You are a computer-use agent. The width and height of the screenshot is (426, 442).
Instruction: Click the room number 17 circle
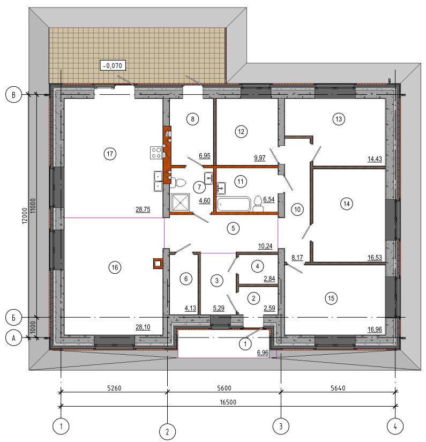pyautogui.click(x=110, y=154)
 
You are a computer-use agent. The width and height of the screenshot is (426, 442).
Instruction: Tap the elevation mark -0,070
pyautogui.click(x=113, y=65)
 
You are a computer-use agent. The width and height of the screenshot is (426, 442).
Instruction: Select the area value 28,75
pyautogui.click(x=143, y=209)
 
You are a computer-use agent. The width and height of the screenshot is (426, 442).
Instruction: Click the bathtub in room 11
pyautogui.click(x=234, y=204)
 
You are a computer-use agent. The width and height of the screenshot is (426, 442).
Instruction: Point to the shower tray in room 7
pyautogui.click(x=181, y=201)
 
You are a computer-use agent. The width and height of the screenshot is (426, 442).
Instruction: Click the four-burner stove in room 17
pyautogui.click(x=156, y=153)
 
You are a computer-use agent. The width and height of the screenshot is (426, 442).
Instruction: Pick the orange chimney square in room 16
pyautogui.click(x=158, y=264)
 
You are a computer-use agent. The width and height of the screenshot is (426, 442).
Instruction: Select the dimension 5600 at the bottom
pyautogui.click(x=224, y=388)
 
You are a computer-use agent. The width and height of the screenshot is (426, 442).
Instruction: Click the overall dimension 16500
pyautogui.click(x=228, y=402)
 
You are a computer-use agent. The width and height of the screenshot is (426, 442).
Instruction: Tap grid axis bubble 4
pyautogui.click(x=395, y=426)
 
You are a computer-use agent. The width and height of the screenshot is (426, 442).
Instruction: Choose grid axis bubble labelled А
pyautogui.click(x=13, y=338)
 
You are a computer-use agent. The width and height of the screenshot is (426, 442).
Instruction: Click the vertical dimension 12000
pyautogui.click(x=25, y=216)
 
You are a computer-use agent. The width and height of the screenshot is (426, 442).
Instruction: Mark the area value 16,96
pyautogui.click(x=375, y=329)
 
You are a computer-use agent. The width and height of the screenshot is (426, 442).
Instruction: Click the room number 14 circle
pyautogui.click(x=347, y=204)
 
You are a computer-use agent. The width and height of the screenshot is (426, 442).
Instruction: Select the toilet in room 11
pyautogui.click(x=258, y=204)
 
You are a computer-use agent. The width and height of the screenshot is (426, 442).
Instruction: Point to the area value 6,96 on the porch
pyautogui.click(x=263, y=353)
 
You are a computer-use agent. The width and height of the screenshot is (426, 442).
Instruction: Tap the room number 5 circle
pyautogui.click(x=233, y=228)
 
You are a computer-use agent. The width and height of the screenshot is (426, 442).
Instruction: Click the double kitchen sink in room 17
pyautogui.click(x=158, y=181)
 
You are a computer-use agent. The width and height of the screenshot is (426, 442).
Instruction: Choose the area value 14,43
pyautogui.click(x=375, y=159)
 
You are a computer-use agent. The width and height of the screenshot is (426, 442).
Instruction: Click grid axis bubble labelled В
pyautogui.click(x=13, y=95)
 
